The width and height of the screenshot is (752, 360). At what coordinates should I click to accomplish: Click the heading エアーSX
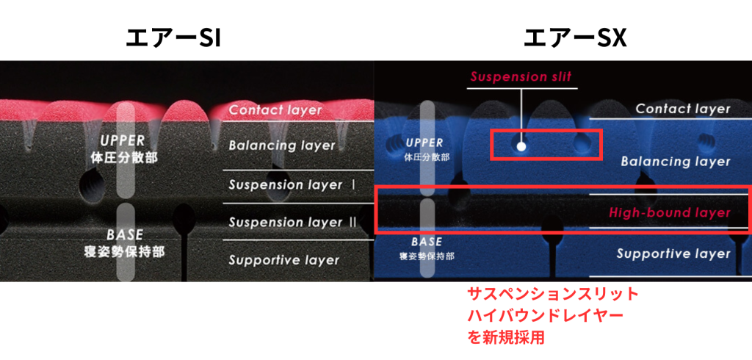pos(574,38)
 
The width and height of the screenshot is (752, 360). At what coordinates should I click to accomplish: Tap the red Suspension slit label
pos(521,77)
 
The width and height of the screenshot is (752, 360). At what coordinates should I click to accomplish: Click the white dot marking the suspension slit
pos(522,146)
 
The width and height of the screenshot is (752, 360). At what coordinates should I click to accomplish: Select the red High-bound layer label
pos(670,212)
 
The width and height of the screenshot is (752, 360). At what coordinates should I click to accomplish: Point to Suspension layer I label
pos(292,185)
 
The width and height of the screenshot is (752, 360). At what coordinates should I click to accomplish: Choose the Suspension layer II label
pos(292,222)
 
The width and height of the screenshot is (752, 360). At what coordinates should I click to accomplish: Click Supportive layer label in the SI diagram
pos(284,260)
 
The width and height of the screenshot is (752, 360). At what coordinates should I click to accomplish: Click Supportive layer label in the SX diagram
pos(673,253)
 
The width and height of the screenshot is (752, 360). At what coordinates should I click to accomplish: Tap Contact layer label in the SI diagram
pos(275,109)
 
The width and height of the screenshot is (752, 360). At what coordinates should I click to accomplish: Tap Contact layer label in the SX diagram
pos(683,109)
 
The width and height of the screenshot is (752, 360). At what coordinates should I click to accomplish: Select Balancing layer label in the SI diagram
pos(282,145)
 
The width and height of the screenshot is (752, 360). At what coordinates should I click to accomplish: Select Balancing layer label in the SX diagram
pos(676,162)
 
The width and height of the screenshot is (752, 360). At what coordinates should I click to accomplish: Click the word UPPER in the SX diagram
pos(424,143)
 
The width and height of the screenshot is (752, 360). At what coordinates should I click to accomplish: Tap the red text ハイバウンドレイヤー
pos(546,316)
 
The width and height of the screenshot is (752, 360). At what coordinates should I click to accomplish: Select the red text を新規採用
pos(507,337)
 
